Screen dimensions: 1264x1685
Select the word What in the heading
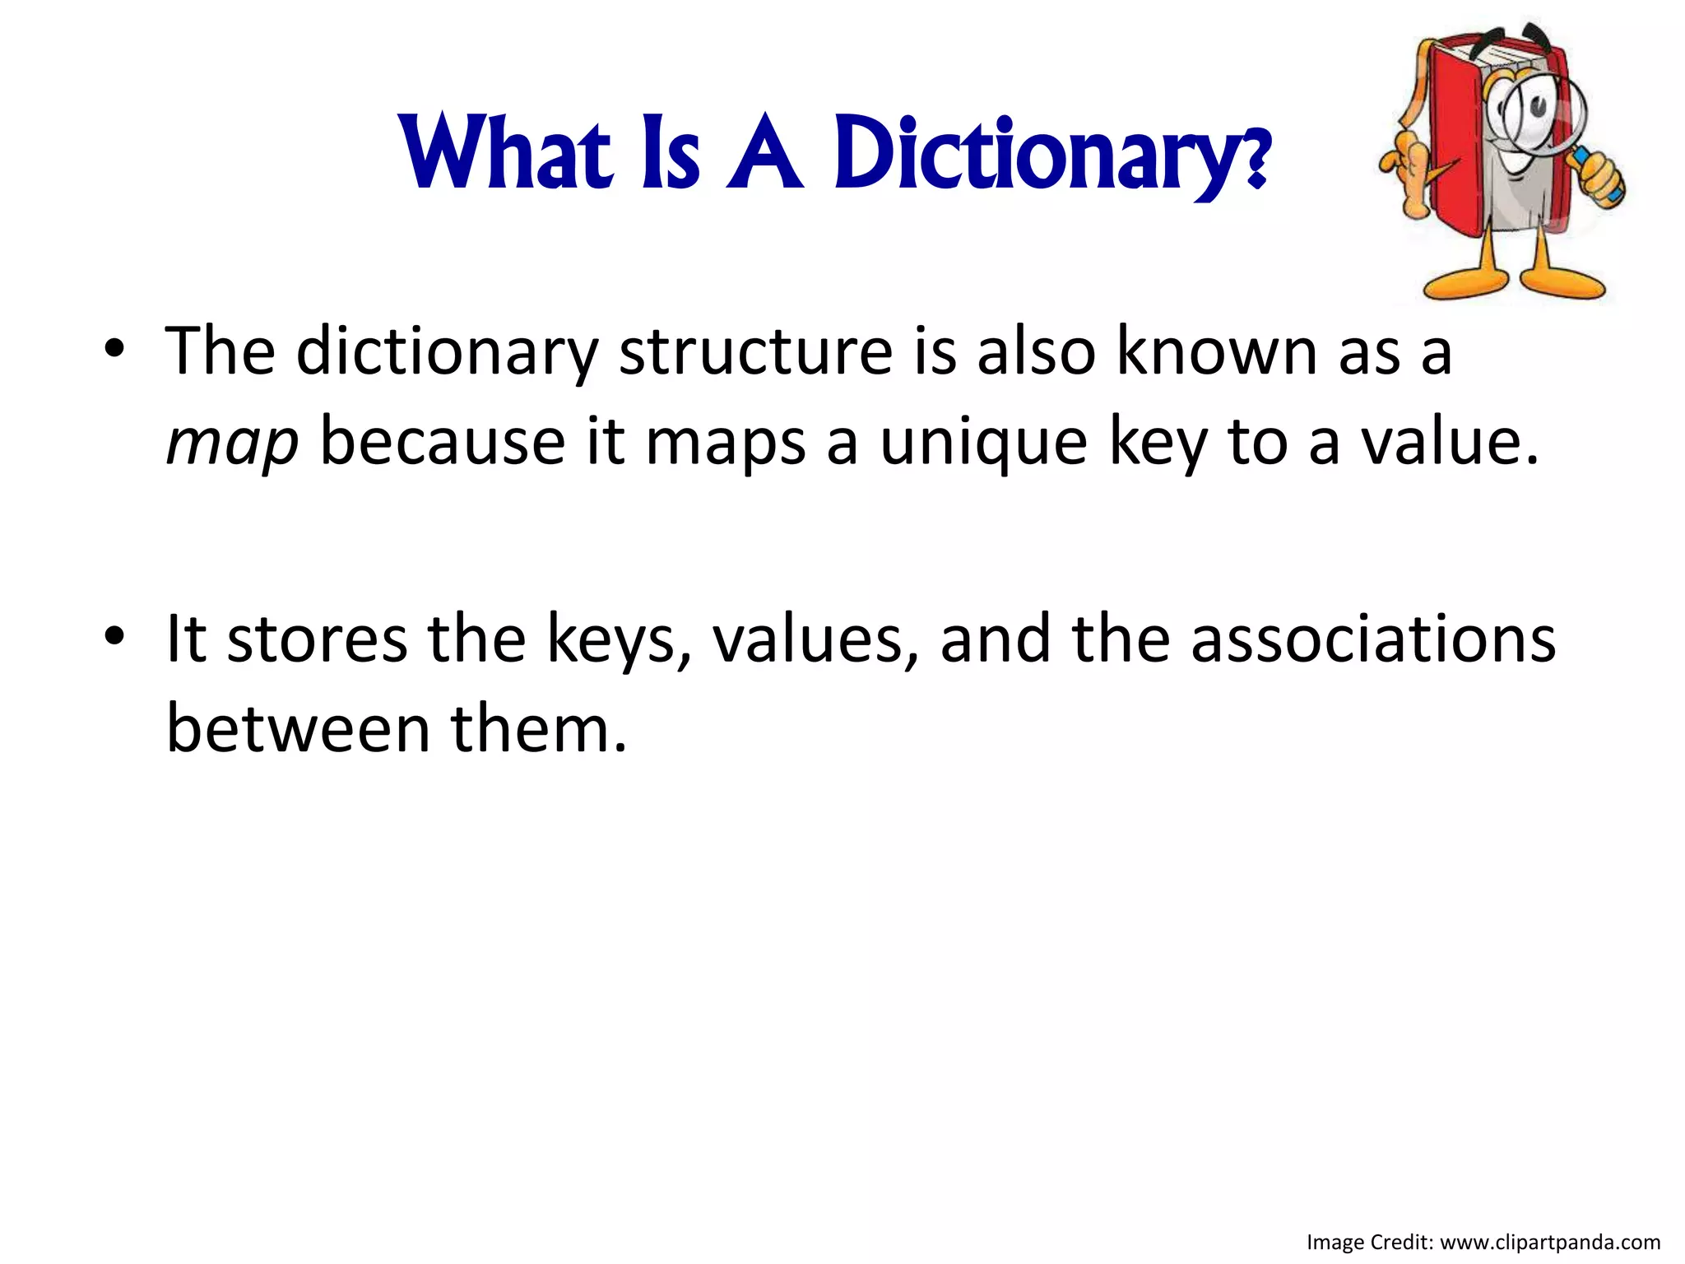click(507, 153)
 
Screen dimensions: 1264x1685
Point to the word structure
click(754, 352)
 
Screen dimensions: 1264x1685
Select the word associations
click(1372, 639)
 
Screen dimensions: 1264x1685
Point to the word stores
click(317, 639)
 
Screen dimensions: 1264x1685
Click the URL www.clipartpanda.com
click(1550, 1243)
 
